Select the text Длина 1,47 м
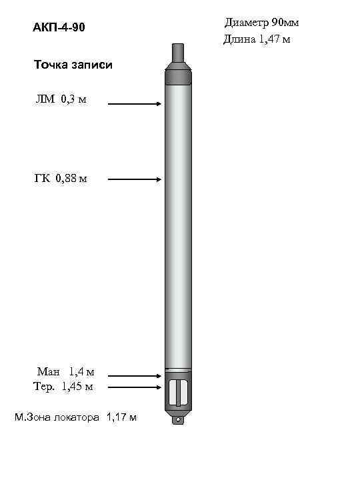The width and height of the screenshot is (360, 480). coord(256,39)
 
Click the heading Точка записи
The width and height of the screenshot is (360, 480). coord(73,65)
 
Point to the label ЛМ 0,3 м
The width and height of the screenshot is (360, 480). coord(61,99)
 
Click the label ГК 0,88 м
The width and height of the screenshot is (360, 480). coord(61,178)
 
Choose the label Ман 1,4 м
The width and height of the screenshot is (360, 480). coord(65,371)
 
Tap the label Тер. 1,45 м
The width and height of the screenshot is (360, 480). coord(63,386)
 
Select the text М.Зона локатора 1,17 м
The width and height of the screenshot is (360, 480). coord(76,417)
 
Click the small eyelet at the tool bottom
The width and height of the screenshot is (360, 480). coord(178,420)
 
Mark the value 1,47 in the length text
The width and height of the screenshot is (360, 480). coord(269,39)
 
